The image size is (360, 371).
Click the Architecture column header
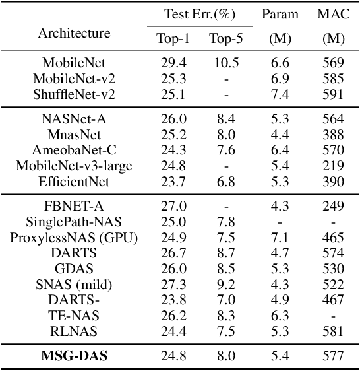(x=74, y=33)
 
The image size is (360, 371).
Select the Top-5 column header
(x=226, y=38)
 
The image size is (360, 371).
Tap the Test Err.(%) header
(x=199, y=14)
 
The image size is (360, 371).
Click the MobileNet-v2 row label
(x=74, y=79)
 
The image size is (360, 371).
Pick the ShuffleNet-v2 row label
(x=74, y=94)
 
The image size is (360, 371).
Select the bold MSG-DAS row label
(x=74, y=356)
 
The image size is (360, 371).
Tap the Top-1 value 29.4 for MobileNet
(x=173, y=63)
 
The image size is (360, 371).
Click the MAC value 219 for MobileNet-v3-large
(x=334, y=165)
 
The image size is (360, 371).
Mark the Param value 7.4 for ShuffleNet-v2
(x=280, y=94)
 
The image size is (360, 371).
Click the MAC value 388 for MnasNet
(x=334, y=135)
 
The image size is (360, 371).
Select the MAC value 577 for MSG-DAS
(x=334, y=356)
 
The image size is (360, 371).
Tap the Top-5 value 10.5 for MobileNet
(x=226, y=63)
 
